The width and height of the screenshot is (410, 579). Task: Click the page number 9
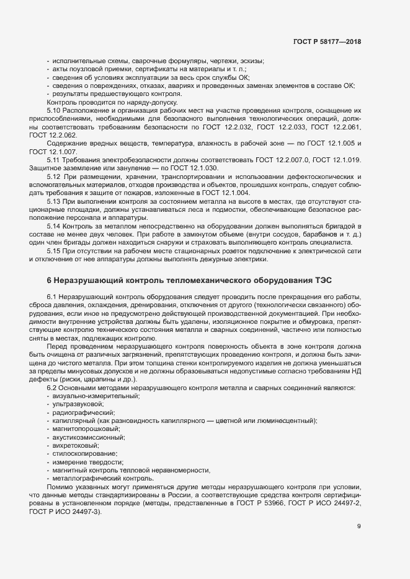pyautogui.click(x=359, y=526)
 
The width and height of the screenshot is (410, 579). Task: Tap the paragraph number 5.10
pyautogui.click(x=55, y=110)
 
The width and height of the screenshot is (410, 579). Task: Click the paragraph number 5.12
pyautogui.click(x=55, y=176)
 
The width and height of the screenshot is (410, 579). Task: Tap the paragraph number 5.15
pyautogui.click(x=55, y=251)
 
